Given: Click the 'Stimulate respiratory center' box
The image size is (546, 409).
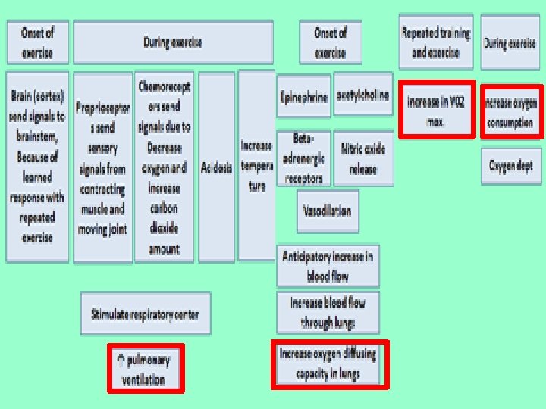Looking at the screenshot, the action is pyautogui.click(x=145, y=314).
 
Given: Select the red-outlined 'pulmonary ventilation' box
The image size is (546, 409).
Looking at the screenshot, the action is pyautogui.click(x=145, y=369).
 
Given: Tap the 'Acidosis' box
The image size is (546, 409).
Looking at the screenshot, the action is pyautogui.click(x=216, y=167).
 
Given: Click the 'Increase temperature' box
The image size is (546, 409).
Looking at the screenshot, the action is pyautogui.click(x=256, y=165).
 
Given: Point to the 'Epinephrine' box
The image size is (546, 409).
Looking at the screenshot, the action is pyautogui.click(x=303, y=96).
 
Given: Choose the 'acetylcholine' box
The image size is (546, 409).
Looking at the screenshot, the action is pyautogui.click(x=362, y=95).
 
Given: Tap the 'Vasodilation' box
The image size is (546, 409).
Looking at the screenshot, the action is pyautogui.click(x=328, y=211).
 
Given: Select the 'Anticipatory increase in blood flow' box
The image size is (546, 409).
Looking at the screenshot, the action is pyautogui.click(x=328, y=266).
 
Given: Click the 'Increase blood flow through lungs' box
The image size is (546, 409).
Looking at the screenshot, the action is pyautogui.click(x=328, y=312).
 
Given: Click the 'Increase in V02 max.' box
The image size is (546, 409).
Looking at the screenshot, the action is pyautogui.click(x=437, y=110).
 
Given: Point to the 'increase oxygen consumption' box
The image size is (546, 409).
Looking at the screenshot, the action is pyautogui.click(x=510, y=111).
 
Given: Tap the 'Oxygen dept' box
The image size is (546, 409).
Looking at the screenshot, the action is pyautogui.click(x=510, y=166).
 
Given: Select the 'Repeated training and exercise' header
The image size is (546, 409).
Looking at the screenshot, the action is pyautogui.click(x=436, y=42).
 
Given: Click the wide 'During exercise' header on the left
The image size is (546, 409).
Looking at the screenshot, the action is pyautogui.click(x=173, y=42).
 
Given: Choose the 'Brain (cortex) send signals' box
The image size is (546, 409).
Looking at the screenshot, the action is pyautogui.click(x=37, y=167).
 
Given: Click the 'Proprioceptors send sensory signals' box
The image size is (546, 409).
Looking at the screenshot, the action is pyautogui.click(x=102, y=167).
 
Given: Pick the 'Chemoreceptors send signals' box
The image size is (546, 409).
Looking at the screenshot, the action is pyautogui.click(x=164, y=167).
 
